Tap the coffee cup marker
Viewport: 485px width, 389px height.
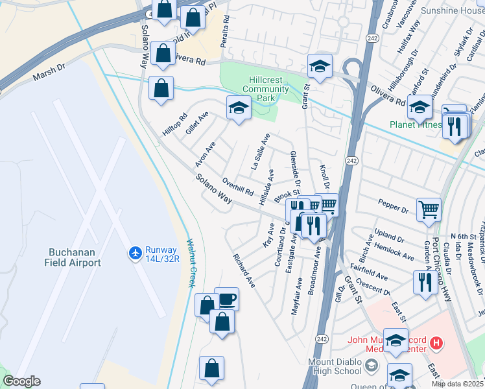point(226,300)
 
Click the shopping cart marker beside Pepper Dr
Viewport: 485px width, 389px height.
point(429,209)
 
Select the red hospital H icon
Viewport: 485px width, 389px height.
point(437,343)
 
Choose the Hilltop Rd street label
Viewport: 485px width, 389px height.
point(174,123)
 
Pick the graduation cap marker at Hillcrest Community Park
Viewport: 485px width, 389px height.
point(239,108)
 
